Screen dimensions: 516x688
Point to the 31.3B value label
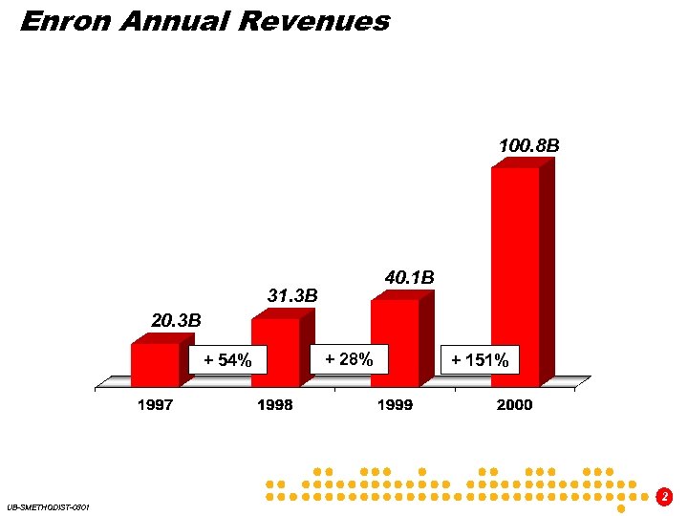[x=292, y=296]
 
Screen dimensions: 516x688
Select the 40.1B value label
[x=409, y=277]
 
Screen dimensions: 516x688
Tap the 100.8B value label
[x=528, y=146]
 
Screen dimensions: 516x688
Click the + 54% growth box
[x=227, y=360]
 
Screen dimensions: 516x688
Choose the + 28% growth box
[x=349, y=358]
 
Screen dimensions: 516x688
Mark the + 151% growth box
[x=479, y=359]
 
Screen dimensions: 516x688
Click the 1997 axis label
[x=155, y=405]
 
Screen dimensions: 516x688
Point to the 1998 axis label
[x=275, y=405]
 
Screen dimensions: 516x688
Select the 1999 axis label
[x=395, y=405]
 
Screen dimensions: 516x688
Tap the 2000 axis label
[x=514, y=405]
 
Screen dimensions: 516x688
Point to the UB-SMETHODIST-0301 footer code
[x=47, y=506]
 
